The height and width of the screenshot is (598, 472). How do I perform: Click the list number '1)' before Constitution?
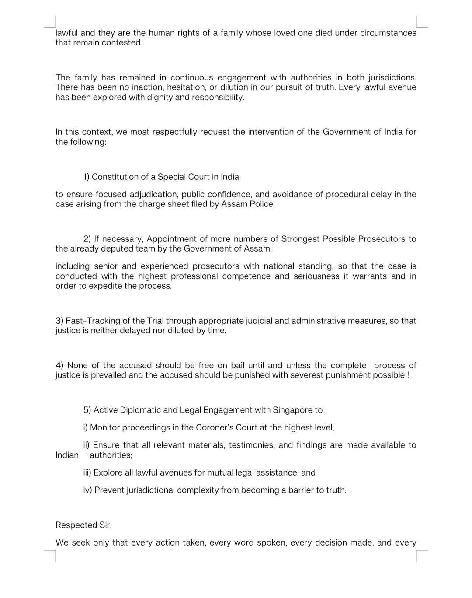86,177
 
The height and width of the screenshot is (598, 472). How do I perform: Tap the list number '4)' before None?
59,366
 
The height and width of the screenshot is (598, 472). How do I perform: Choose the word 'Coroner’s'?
202,428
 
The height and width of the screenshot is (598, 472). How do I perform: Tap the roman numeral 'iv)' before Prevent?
87,490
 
